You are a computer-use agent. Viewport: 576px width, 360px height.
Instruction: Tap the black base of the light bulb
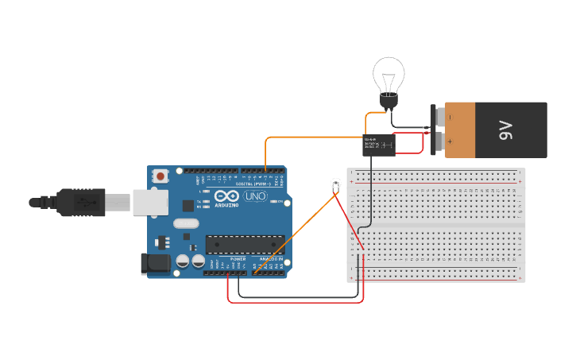click(389, 101)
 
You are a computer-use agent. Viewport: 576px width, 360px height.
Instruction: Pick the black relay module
click(379, 145)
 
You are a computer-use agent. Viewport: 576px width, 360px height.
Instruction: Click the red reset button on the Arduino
click(160, 176)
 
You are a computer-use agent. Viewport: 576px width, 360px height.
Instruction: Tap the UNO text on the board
click(255, 196)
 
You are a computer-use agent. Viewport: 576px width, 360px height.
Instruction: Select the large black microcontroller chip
click(245, 244)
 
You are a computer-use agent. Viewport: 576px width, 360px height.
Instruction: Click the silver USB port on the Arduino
click(151, 202)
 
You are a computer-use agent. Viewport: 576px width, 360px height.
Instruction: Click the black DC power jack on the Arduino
click(155, 265)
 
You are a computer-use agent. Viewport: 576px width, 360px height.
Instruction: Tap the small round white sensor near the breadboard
click(335, 184)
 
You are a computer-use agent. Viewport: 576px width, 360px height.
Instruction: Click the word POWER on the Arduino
click(238, 259)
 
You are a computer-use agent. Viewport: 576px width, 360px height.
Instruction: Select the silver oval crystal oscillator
click(184, 224)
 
